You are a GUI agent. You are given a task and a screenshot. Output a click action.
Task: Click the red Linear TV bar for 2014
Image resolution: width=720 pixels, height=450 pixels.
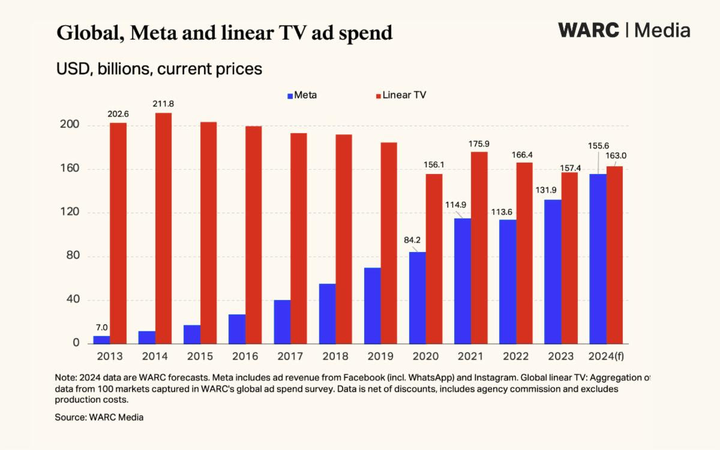click(x=163, y=228)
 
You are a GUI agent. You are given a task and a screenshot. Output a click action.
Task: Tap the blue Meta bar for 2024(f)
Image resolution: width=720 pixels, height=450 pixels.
click(x=598, y=259)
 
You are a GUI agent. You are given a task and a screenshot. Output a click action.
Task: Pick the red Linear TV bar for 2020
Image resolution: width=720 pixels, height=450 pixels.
click(x=434, y=259)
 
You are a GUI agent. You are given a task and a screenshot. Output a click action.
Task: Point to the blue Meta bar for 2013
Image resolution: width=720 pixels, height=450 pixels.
click(x=101, y=340)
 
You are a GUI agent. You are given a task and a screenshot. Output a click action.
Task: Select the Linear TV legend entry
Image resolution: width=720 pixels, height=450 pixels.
click(x=400, y=95)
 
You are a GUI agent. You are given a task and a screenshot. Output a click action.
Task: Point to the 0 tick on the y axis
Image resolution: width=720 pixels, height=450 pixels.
click(x=76, y=343)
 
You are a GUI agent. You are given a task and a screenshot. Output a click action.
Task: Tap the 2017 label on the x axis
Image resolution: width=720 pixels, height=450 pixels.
click(x=290, y=356)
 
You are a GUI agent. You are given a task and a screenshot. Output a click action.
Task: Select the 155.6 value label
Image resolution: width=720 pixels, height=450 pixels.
click(x=598, y=146)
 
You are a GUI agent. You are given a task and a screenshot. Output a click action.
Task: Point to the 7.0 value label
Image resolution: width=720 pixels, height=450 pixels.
click(x=101, y=328)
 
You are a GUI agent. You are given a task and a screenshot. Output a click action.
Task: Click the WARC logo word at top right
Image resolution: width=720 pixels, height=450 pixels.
click(x=588, y=30)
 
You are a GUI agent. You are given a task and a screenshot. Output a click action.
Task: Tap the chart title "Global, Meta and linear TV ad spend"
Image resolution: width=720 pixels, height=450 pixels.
click(x=224, y=32)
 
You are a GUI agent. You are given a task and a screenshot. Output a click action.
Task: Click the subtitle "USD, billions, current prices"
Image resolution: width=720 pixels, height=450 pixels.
click(x=159, y=69)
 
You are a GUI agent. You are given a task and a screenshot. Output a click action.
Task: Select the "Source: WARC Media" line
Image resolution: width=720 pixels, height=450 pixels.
click(x=99, y=417)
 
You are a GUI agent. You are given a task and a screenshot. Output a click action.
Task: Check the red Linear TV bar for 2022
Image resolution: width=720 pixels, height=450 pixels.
click(x=524, y=253)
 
